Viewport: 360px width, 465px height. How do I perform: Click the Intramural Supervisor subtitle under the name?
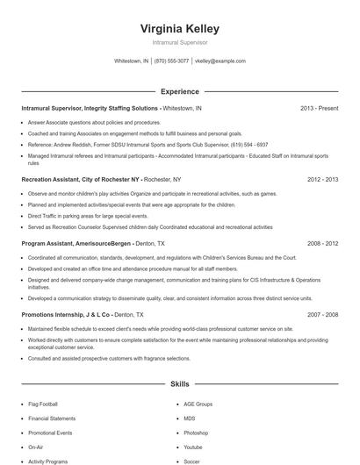click(180, 41)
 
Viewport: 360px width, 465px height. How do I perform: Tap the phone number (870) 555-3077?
click(171, 61)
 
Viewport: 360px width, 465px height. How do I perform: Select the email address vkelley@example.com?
click(220, 61)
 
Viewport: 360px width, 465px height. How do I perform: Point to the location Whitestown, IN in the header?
click(132, 61)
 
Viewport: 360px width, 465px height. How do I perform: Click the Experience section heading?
click(180, 91)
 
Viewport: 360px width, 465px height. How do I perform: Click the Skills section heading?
click(180, 384)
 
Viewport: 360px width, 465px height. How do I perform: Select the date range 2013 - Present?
click(319, 109)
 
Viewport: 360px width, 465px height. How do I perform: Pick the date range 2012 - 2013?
click(322, 179)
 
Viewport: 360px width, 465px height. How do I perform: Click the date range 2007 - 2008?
click(322, 313)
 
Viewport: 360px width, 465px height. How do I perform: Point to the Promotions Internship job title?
click(52, 313)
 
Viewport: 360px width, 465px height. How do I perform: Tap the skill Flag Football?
click(43, 404)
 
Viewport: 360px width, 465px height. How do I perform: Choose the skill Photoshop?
click(196, 433)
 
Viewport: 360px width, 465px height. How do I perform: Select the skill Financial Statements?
click(52, 418)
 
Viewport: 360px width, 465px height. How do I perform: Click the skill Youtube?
click(193, 447)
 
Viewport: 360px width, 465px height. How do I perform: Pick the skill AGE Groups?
click(198, 404)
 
